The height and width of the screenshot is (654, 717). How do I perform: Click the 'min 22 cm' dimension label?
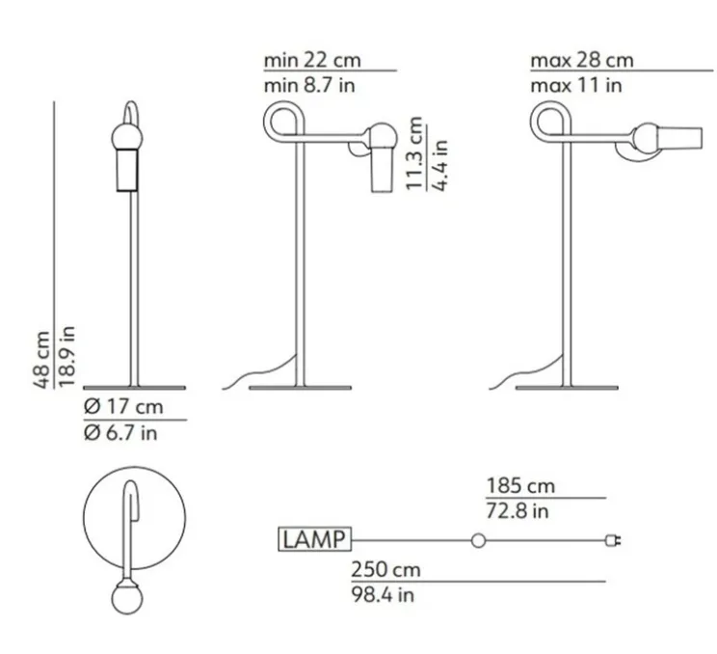coord(312,60)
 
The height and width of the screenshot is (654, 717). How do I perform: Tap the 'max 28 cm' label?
coord(581,60)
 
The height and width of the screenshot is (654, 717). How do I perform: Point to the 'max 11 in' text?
coord(575,85)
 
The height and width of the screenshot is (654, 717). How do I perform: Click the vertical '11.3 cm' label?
coord(415,154)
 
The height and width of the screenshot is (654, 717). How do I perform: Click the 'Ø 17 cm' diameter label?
coord(123,406)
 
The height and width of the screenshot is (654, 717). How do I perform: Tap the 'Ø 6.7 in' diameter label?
coord(120,432)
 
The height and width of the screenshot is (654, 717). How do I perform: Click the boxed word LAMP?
coord(313,539)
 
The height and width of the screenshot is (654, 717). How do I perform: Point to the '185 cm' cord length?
coord(519,485)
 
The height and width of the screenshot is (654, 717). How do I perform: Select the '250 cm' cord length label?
coord(385,569)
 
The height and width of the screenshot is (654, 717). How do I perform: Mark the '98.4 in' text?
coord(383,594)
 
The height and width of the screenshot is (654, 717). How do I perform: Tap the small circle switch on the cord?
coord(477,540)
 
